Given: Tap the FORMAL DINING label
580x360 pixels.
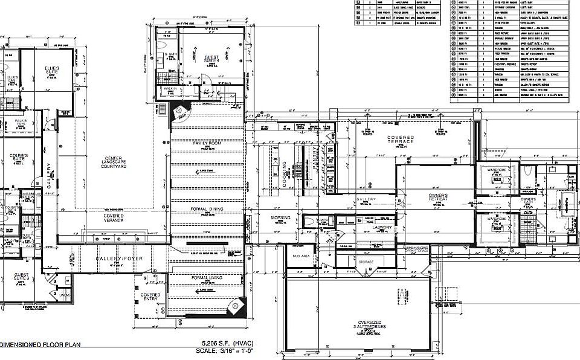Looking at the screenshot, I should (x=207, y=209).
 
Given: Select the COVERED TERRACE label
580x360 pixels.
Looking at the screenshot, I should (x=401, y=140).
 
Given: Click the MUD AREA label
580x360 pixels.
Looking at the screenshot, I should (x=301, y=256).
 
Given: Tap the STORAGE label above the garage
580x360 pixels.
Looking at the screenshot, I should (x=366, y=262).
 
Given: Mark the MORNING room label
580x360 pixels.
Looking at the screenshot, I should (x=280, y=217).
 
